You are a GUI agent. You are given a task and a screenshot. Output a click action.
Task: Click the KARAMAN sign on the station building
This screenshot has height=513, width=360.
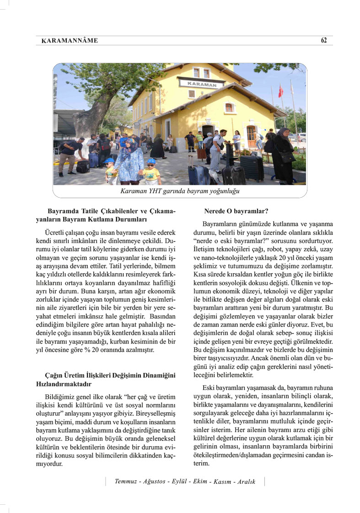coord(202,84)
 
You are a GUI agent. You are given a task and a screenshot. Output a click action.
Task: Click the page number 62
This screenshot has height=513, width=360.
coord(324,40)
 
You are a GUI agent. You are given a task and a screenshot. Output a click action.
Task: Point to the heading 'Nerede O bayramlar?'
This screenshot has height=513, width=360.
coord(236,211)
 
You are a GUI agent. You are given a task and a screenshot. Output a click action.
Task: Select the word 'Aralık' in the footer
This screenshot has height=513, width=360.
coord(245,482)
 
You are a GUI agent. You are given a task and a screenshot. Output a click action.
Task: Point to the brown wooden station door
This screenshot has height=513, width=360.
coord(251,136)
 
